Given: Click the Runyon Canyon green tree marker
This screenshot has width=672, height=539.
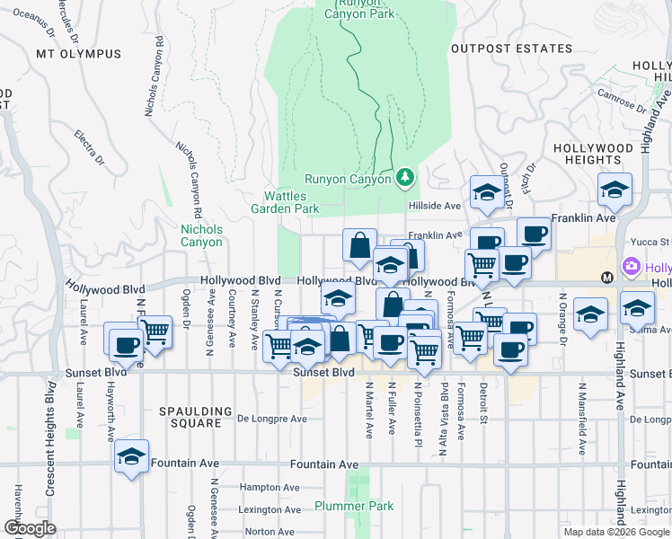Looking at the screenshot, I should [x=405, y=178].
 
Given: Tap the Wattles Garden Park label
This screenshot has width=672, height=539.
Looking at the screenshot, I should [x=290, y=202].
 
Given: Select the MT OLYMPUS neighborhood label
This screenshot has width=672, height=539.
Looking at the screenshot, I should [x=78, y=54].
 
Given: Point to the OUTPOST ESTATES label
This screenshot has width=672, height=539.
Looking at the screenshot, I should [x=510, y=49].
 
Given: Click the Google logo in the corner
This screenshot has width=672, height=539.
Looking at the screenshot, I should [x=30, y=528].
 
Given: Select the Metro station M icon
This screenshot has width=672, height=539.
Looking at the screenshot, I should [x=607, y=277].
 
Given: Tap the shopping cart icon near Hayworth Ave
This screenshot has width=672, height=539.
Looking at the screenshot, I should [x=155, y=331].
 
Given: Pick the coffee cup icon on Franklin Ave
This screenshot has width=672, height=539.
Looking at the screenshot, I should [x=534, y=234].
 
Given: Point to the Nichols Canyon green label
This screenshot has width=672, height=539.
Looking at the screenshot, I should [x=201, y=235].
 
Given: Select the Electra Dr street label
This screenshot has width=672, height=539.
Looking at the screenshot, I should [x=91, y=149].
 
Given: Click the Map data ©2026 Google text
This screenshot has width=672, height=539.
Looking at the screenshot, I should [x=616, y=532].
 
